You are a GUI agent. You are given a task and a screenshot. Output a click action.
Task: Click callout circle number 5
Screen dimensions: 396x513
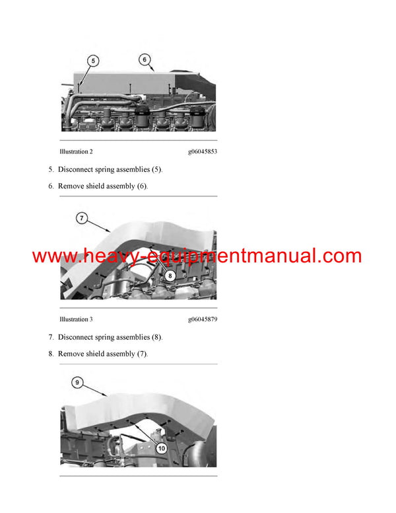93,61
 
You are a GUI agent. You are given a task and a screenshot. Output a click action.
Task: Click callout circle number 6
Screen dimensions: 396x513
145,59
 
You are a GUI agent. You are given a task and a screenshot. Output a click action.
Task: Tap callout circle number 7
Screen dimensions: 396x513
82,218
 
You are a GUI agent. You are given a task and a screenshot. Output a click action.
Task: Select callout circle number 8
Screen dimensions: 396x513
170,276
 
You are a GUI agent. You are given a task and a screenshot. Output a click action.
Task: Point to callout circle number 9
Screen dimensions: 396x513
77,383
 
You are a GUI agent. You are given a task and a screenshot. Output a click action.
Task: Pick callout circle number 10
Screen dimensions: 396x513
162,448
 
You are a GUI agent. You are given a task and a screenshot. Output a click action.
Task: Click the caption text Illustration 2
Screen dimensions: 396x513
76,151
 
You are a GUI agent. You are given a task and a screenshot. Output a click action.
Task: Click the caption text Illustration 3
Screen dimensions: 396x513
76,319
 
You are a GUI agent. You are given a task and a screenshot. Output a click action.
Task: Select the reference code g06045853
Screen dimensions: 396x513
203,151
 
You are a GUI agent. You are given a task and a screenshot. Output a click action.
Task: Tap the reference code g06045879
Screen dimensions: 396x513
203,319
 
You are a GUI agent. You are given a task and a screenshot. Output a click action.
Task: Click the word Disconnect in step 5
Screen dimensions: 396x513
75,169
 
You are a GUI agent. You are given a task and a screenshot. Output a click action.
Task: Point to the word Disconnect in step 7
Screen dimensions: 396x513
75,337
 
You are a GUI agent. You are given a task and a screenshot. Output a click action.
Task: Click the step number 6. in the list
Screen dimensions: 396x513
51,186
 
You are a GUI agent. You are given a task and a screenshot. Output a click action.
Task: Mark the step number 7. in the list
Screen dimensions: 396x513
51,337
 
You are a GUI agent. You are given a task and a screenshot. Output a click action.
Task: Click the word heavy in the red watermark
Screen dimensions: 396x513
107,256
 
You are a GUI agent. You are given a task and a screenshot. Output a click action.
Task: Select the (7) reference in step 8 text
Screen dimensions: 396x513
143,354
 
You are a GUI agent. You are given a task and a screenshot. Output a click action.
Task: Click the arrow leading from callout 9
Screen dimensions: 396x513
95,390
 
